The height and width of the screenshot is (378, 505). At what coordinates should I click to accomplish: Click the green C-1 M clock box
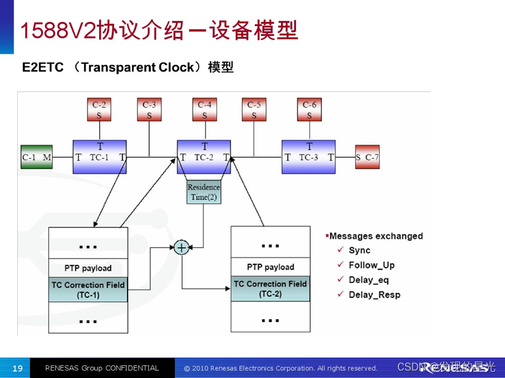pyautogui.click(x=37, y=157)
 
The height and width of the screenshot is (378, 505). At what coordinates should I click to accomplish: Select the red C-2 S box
pyautogui.click(x=99, y=110)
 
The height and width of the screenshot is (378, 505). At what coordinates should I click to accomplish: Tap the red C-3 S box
pyautogui.click(x=149, y=110)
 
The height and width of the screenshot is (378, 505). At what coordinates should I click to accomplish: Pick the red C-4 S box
pyautogui.click(x=204, y=110)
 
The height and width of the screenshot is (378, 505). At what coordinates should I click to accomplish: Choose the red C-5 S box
pyautogui.click(x=254, y=110)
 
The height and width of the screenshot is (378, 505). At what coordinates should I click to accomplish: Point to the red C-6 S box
pyautogui.click(x=309, y=110)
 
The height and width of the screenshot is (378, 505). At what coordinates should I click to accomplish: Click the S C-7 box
pyautogui.click(x=366, y=157)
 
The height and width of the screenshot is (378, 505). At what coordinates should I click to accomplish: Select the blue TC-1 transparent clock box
pyautogui.click(x=100, y=157)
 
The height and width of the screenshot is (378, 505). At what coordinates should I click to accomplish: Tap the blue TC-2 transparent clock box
pyautogui.click(x=204, y=157)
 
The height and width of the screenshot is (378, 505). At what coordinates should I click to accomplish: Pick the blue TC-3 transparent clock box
pyautogui.click(x=309, y=157)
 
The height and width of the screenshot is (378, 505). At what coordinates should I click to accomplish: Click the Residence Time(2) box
pyautogui.click(x=204, y=192)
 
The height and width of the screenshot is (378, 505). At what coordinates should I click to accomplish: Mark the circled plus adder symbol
pyautogui.click(x=181, y=248)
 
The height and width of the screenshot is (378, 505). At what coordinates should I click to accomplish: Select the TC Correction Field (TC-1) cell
pyautogui.click(x=88, y=290)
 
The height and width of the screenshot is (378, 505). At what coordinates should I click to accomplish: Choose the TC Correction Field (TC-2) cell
pyautogui.click(x=270, y=289)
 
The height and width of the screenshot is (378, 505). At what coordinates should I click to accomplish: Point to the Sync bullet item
pyautogui.click(x=360, y=250)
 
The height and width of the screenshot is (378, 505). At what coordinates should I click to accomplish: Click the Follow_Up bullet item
pyautogui.click(x=372, y=265)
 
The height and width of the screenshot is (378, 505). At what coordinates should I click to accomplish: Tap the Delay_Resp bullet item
pyautogui.click(x=374, y=295)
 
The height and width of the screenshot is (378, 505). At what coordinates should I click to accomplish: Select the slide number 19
pyautogui.click(x=17, y=368)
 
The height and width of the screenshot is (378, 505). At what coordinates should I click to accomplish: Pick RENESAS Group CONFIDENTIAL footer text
pyautogui.click(x=102, y=368)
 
